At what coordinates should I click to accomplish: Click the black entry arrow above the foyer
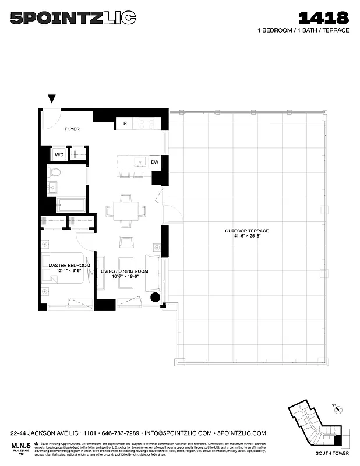pyautogui.click(x=52, y=100)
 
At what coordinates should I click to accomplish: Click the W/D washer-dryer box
pyautogui.click(x=59, y=154)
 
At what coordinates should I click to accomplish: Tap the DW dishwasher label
pyautogui.click(x=155, y=162)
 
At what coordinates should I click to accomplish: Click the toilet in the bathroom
pyautogui.click(x=55, y=172)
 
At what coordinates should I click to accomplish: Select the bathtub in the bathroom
pyautogui.click(x=71, y=205)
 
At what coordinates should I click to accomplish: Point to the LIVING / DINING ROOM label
pyautogui.click(x=125, y=271)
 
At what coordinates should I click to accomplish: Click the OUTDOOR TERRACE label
pyautogui.click(x=246, y=231)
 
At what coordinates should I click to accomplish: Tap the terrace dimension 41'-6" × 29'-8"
pyautogui.click(x=246, y=237)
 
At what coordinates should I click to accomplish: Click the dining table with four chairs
pyautogui.click(x=126, y=210)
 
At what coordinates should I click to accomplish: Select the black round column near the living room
pyautogui.click(x=156, y=298)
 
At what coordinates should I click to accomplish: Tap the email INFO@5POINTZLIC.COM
pyautogui.click(x=178, y=433)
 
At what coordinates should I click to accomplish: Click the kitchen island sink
pyautogui.click(x=140, y=161)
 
